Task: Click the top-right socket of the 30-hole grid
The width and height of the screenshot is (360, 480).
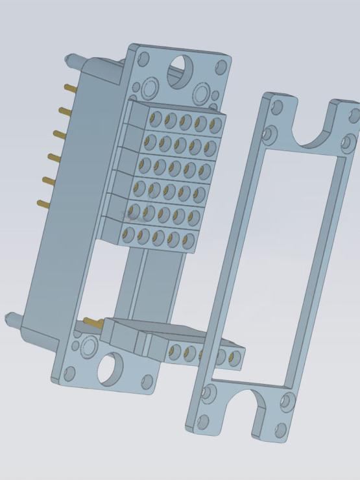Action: (x=215, y=125)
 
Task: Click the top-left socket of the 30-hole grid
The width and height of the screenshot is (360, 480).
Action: (x=156, y=118)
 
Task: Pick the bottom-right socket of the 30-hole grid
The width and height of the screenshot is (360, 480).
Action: (x=188, y=243)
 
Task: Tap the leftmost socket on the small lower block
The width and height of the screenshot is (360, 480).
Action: (x=174, y=352)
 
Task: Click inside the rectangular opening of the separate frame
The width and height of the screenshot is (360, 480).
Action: (x=272, y=266)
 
